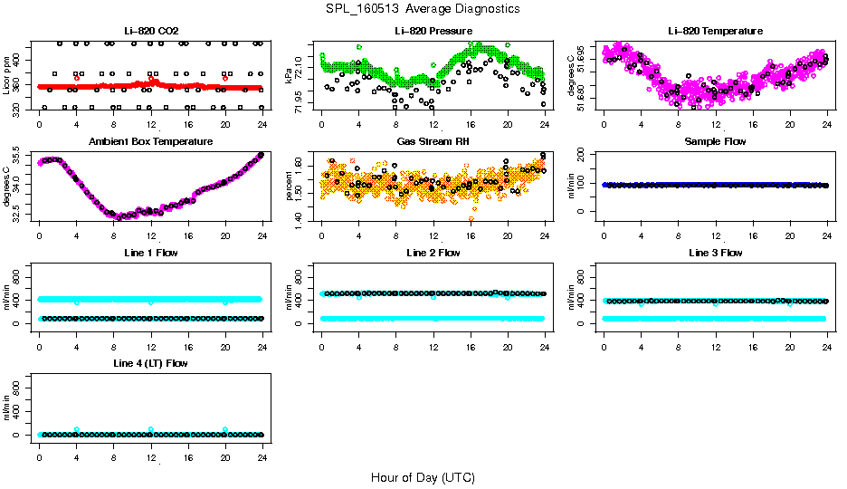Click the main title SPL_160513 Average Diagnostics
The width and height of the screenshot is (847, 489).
(x=423, y=8)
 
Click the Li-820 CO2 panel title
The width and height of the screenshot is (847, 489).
(x=150, y=31)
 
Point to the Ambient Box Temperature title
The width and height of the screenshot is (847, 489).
(x=150, y=141)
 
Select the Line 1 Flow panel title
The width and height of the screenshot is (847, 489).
(x=150, y=253)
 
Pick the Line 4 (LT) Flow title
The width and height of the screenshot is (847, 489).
(x=150, y=363)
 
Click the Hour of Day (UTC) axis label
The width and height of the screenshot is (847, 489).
(x=423, y=477)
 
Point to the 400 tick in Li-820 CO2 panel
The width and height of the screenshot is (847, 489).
(x=19, y=60)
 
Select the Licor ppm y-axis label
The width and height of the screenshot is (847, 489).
(x=7, y=75)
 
